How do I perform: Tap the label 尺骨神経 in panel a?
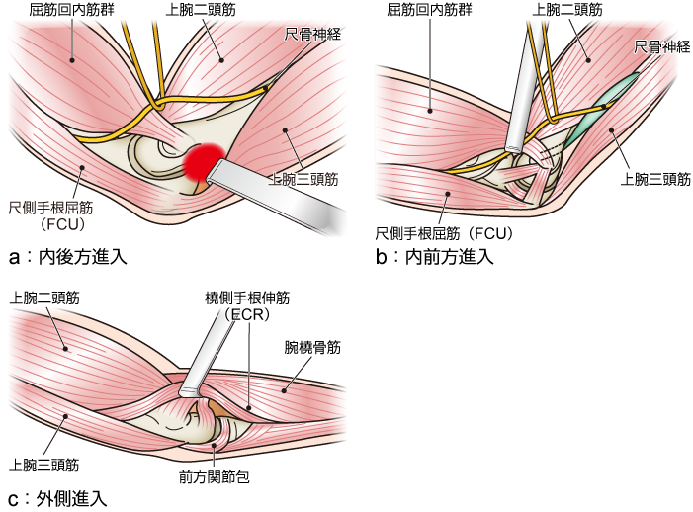(313, 34)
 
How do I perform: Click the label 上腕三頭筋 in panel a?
(305, 180)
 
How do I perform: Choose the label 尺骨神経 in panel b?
(661, 47)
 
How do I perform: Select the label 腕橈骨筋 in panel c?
(311, 347)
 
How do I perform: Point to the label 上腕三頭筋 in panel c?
(44, 464)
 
